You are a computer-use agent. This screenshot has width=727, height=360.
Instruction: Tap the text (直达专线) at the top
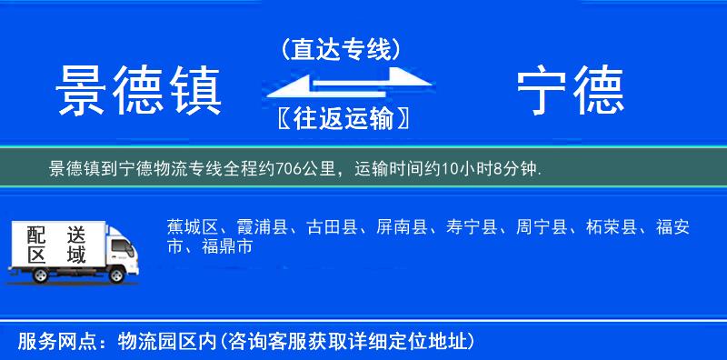point(341,49)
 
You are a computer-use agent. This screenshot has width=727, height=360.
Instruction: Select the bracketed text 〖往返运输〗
point(341,118)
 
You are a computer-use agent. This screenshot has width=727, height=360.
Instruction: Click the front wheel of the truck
point(117,275)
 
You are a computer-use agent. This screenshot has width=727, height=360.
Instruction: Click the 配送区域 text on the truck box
point(56,245)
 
